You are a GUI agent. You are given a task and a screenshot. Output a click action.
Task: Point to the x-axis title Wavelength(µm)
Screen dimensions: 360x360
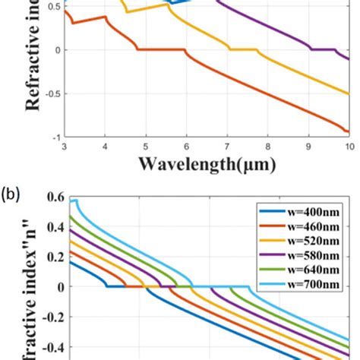[x=207, y=163]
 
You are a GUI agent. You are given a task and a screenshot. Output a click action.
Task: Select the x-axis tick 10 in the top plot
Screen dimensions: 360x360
[x=348, y=146]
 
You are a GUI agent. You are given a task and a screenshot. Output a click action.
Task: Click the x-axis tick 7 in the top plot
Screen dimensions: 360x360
[x=227, y=146]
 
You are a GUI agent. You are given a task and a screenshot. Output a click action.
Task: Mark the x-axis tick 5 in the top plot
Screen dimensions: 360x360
[x=146, y=146]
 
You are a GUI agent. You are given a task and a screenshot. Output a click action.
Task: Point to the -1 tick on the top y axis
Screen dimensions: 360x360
[x=54, y=137]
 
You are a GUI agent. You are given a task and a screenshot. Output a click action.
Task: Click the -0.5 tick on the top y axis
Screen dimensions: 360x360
[x=50, y=94]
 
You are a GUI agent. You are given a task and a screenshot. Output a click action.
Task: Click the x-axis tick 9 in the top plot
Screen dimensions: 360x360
[x=308, y=146]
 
